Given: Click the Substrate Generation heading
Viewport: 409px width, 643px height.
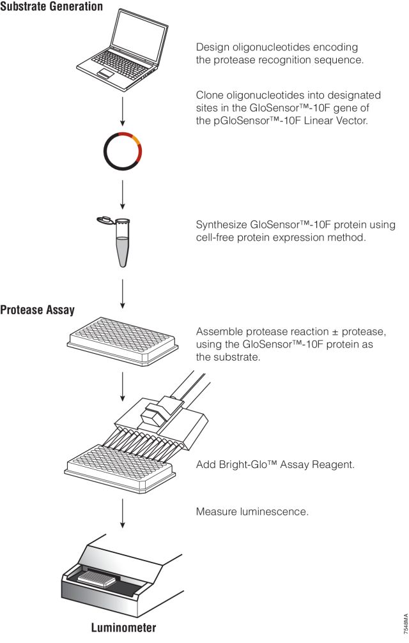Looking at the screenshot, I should tap(51, 7).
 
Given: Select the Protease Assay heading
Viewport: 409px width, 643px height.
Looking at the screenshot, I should tap(38, 311).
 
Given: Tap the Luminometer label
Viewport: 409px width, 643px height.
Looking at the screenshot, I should tap(121, 627).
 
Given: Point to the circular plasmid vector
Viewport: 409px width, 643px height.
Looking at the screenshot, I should tap(122, 152).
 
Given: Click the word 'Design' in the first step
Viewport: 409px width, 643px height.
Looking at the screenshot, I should tap(212, 48).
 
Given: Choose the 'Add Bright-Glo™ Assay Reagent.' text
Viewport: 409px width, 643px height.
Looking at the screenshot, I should tap(275, 465).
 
